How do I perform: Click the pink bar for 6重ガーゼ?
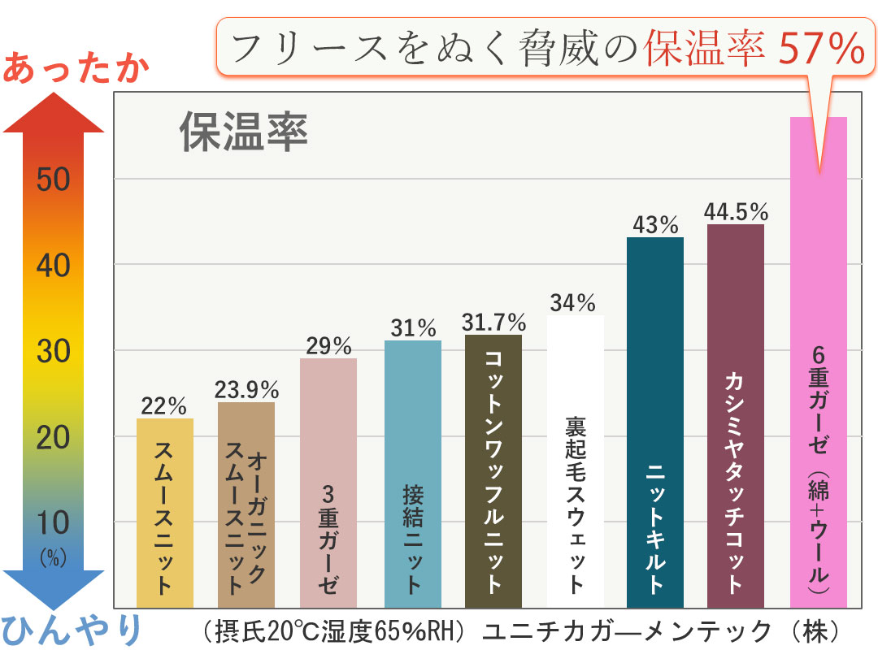coord(819,362)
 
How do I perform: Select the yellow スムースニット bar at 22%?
coord(165,513)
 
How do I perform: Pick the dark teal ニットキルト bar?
coord(655,422)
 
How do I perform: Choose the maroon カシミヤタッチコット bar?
coord(736,415)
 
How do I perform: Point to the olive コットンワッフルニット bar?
coord(493,471)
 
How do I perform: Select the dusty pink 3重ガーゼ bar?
coord(328,483)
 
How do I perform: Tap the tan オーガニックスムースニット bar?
coord(246,505)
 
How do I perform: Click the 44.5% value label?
coord(737,212)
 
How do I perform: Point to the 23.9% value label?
coord(247,390)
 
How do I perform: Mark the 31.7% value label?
coord(493,323)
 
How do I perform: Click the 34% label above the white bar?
coord(573,303)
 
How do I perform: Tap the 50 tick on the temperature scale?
coord(54,180)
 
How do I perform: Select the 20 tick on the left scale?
coord(54,439)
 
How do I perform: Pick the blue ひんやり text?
coord(72,630)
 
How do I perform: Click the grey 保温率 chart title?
coord(244,132)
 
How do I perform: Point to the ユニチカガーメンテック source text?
coord(626,630)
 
